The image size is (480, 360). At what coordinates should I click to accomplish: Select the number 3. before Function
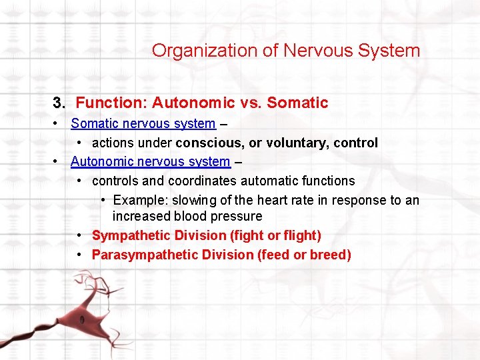click(x=60, y=103)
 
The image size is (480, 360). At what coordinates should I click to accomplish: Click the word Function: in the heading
click(x=111, y=103)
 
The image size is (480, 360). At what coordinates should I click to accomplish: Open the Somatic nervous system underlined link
click(x=143, y=123)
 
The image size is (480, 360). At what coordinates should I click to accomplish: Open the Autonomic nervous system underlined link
click(x=150, y=161)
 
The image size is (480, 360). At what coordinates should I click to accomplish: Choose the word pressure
click(x=238, y=217)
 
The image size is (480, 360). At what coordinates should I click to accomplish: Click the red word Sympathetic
click(x=131, y=235)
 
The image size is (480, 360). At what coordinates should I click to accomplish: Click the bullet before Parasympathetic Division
click(x=79, y=255)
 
